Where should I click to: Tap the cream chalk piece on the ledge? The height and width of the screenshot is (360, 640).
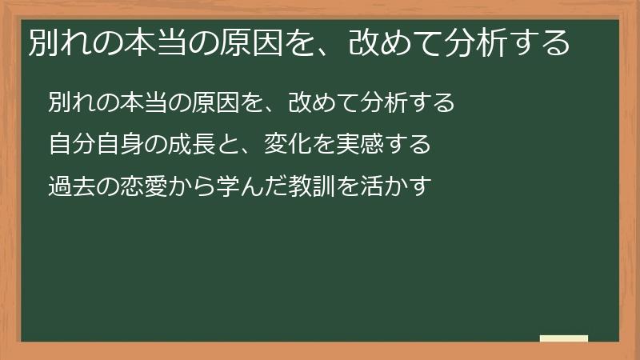pyautogui.click(x=564, y=339)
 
